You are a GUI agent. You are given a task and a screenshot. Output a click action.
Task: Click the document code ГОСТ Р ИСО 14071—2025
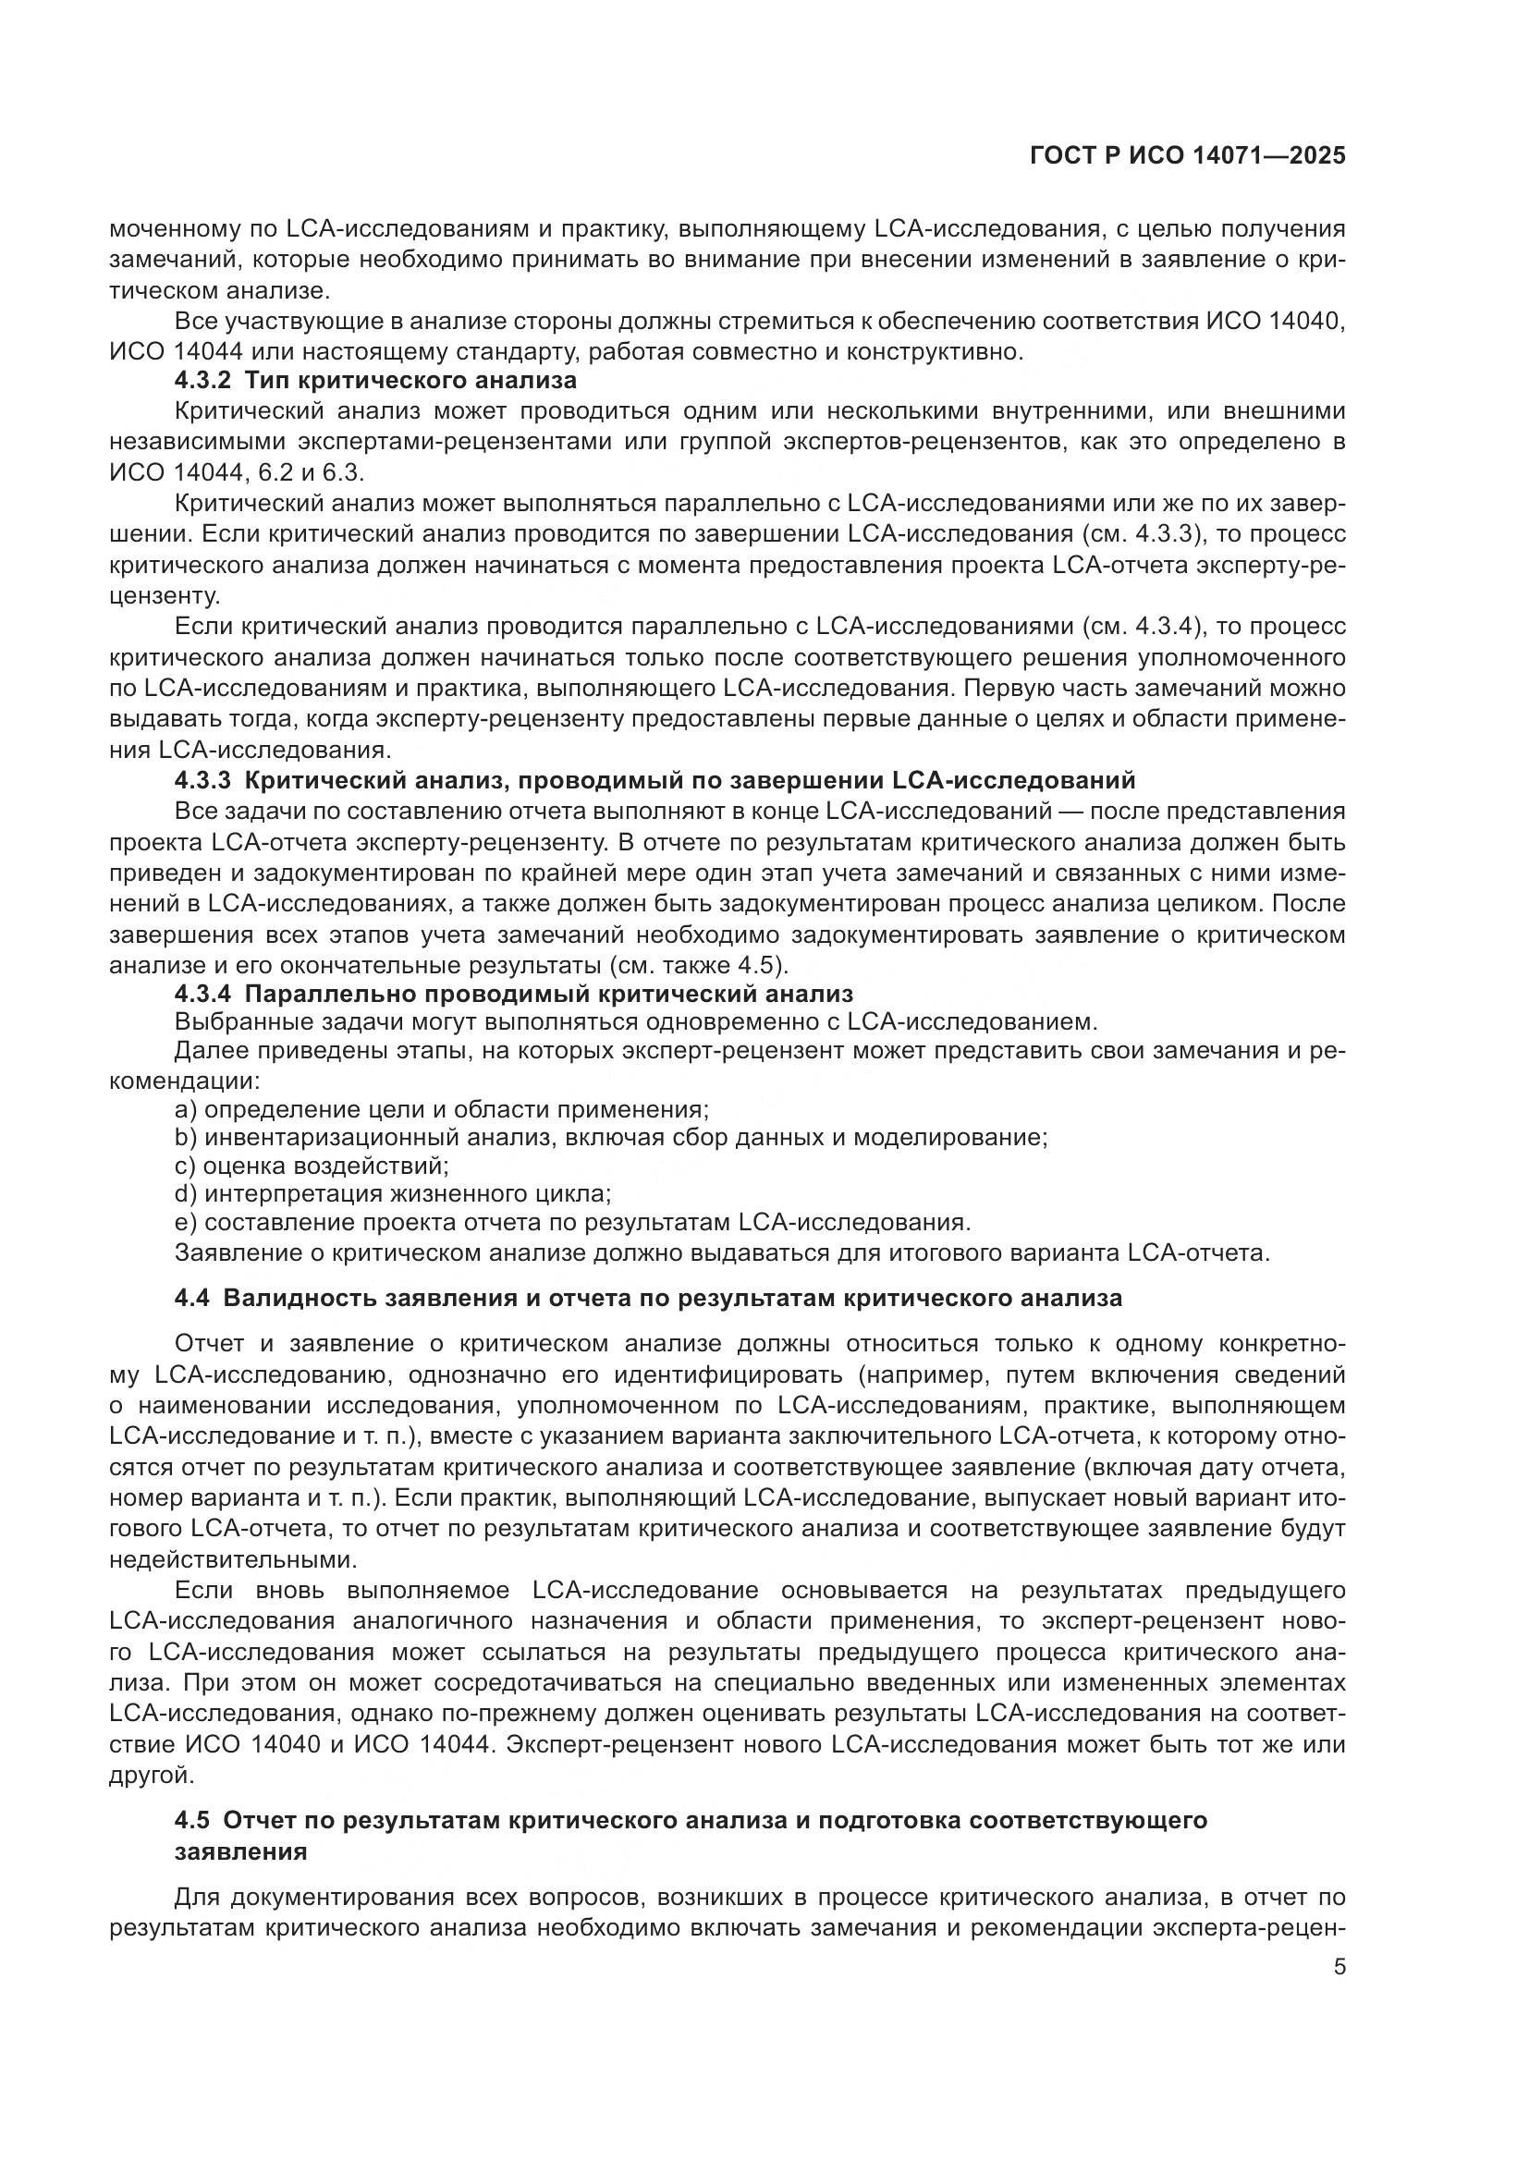click(x=1187, y=156)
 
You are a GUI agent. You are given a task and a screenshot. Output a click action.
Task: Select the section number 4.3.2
click(x=202, y=382)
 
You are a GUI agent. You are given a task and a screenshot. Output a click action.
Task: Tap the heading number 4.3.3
click(x=202, y=781)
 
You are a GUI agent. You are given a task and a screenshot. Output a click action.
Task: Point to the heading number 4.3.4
click(x=202, y=995)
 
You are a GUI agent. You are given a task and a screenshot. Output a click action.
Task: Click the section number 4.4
click(x=192, y=1299)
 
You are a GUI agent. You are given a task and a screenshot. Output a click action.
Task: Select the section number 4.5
click(x=192, y=1820)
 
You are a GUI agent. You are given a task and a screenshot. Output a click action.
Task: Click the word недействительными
click(x=234, y=1559)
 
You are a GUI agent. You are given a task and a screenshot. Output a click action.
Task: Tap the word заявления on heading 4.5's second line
click(x=241, y=1851)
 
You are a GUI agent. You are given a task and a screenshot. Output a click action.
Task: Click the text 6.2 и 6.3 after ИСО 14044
click(x=312, y=473)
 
